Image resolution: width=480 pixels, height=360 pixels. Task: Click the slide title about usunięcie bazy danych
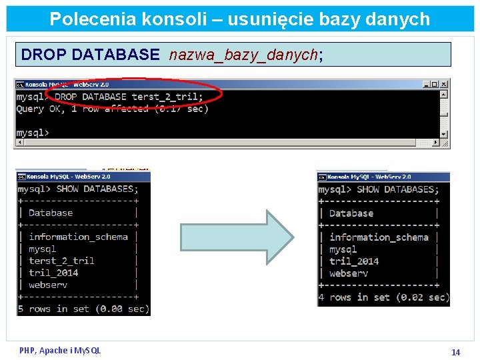click(240, 19)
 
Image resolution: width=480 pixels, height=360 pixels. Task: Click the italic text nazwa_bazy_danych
click(243, 55)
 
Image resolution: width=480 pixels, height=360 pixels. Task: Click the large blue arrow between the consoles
click(237, 237)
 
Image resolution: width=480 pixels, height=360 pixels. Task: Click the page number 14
click(456, 352)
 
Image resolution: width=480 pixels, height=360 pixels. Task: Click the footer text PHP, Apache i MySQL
click(60, 350)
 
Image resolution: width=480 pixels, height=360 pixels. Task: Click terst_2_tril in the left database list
click(61, 261)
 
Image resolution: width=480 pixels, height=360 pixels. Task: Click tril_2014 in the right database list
click(353, 261)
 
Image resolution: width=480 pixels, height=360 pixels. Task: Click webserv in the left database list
click(48, 285)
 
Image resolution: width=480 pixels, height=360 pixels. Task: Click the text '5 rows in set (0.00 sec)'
click(83, 309)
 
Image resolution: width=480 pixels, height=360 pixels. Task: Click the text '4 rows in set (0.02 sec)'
click(384, 297)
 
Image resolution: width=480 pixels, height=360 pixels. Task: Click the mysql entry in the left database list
click(43, 249)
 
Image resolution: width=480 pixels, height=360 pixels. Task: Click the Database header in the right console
click(351, 213)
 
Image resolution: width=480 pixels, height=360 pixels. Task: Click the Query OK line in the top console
click(112, 109)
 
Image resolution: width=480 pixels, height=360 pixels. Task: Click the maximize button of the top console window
click(435, 85)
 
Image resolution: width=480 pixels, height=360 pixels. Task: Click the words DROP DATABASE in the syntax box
click(90, 55)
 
